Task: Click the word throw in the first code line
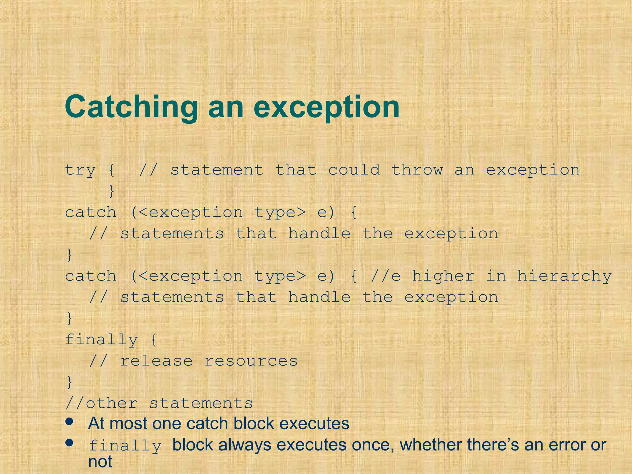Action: tap(417, 170)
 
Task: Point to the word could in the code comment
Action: tap(354, 170)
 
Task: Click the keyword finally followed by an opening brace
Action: tap(102, 340)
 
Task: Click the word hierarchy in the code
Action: tap(564, 276)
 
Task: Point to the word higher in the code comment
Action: tap(443, 276)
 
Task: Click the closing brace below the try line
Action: tap(112, 191)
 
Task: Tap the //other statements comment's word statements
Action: tap(201, 403)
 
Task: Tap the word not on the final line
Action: tap(100, 462)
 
